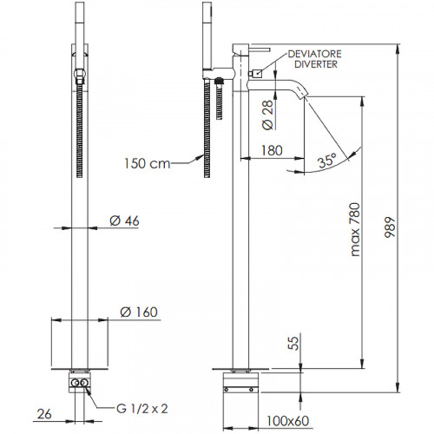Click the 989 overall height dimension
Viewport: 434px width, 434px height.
point(390,227)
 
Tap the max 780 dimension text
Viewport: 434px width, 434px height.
point(355,229)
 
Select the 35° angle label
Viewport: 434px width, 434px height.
point(327,161)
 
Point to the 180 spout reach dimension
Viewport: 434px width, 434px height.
point(272,150)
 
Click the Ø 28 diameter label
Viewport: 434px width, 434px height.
point(267,115)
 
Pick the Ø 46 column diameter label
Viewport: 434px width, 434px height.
point(124,220)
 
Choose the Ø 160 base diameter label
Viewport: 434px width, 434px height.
point(139,312)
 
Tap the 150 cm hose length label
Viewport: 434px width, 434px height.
point(148,163)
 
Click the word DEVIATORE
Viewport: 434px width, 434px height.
point(315,54)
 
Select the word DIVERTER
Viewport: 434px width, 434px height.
point(316,64)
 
